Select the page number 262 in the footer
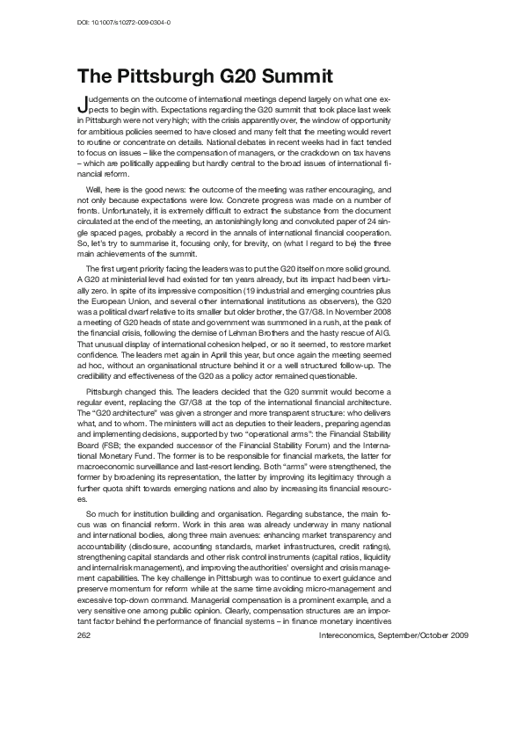[85, 683]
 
